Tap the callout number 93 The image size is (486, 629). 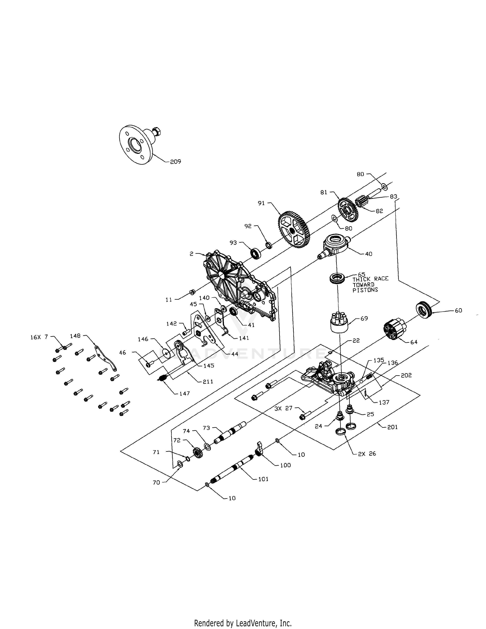coord(233,243)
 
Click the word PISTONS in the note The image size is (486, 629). coord(365,290)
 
